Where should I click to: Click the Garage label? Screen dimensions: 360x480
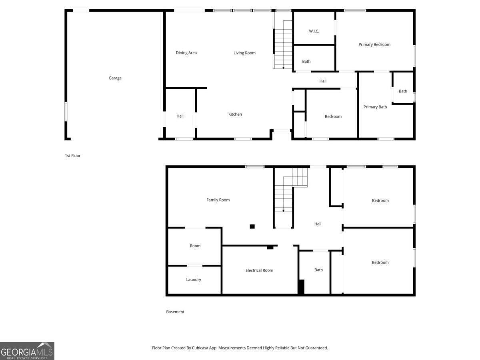115,78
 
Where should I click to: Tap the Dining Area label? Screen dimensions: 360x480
186,53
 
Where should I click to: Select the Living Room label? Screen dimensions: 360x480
244,53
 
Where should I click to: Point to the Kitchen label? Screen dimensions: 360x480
235,114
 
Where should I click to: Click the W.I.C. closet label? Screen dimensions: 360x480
314,31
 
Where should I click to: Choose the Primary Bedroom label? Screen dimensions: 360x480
374,44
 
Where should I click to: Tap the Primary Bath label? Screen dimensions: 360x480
375,107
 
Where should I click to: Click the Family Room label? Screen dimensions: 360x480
218,200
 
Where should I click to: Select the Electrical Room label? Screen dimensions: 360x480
259,270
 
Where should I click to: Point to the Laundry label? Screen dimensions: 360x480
194,280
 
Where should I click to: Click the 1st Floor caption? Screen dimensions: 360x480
73,156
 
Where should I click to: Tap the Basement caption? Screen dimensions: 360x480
175,312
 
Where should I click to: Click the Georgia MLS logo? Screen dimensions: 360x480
27,351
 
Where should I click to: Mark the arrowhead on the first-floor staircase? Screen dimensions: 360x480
284,68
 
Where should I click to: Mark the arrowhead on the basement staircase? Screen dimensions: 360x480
284,210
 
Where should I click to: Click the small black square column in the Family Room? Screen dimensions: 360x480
252,226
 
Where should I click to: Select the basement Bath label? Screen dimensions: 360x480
318,270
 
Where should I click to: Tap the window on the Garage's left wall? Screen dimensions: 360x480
66,111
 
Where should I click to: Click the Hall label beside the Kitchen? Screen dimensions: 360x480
180,116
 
